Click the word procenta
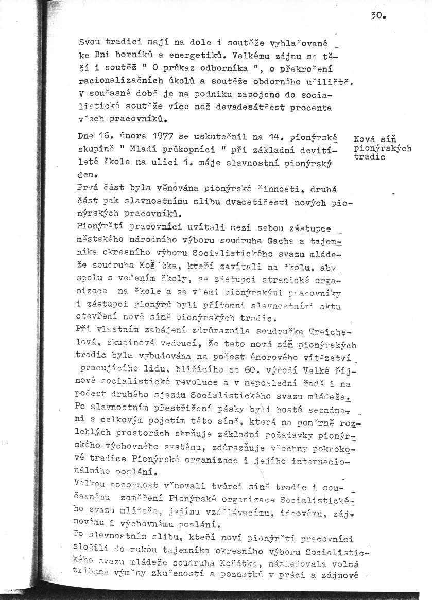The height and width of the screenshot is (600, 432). (310, 108)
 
